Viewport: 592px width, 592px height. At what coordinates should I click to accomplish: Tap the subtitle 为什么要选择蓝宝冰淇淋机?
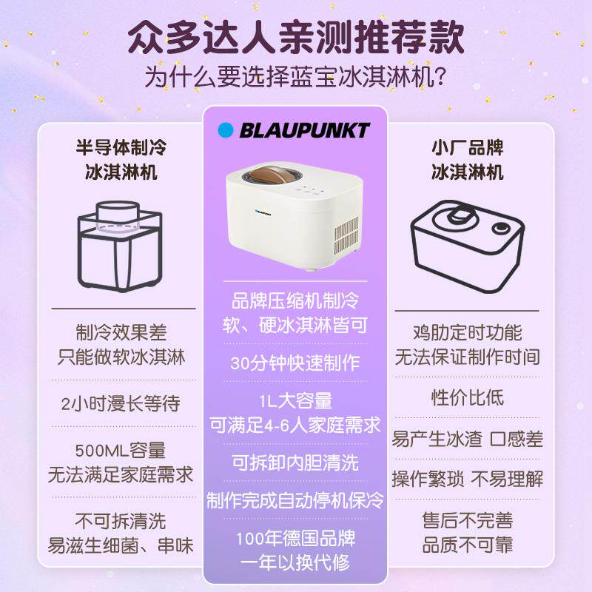click(296, 77)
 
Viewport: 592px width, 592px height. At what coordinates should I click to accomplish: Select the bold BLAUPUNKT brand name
click(304, 131)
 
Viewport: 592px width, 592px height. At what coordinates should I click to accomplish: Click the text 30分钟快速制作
click(295, 363)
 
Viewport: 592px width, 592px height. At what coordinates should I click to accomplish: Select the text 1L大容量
click(295, 401)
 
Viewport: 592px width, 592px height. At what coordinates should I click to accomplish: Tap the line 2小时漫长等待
click(121, 404)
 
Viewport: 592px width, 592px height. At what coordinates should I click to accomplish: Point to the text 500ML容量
click(121, 450)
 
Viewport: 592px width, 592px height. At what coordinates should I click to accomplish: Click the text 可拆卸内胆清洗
click(295, 462)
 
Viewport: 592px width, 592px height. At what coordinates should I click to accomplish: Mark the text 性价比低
click(467, 397)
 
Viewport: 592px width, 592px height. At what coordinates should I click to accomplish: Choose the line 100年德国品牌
click(295, 538)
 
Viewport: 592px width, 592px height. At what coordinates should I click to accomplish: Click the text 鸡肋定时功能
click(467, 332)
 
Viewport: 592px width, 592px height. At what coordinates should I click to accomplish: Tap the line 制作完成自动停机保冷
click(295, 500)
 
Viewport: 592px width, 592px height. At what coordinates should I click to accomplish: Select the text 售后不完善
click(467, 520)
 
